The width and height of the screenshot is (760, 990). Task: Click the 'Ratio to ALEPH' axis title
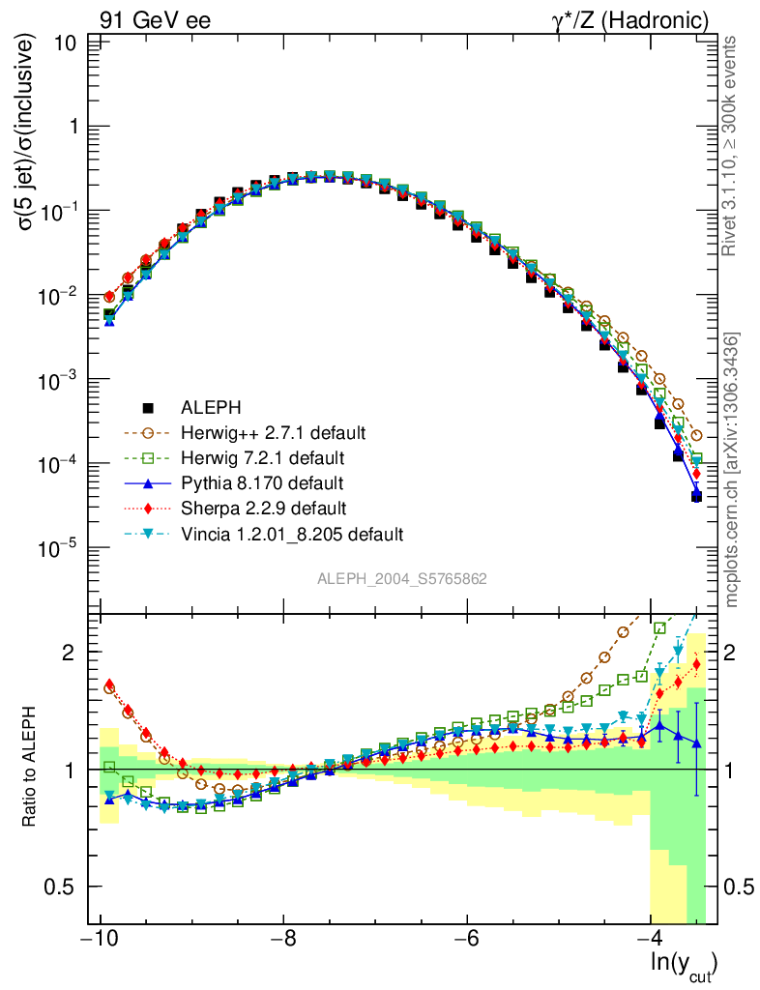(x=31, y=769)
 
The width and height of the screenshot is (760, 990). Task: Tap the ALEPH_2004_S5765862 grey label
(x=402, y=579)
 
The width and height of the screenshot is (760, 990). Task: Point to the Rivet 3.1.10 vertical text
(x=733, y=145)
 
